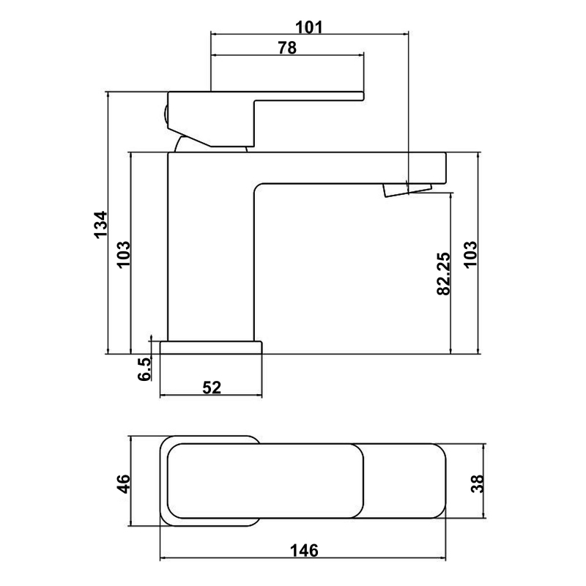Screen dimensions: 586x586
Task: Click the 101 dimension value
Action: coord(308,27)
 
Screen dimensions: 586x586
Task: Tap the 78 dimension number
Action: coord(287,48)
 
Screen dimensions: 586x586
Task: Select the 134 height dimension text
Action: coord(100,225)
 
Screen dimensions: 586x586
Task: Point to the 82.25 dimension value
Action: coord(444,273)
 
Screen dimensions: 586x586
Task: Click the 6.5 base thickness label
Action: coord(144,369)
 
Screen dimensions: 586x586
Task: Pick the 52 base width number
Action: coord(212,387)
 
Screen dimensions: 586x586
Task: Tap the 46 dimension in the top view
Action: coord(123,483)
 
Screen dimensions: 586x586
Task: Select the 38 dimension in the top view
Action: coord(478,483)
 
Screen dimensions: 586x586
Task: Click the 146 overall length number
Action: coord(304,551)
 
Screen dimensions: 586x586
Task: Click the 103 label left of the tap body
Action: coord(124,254)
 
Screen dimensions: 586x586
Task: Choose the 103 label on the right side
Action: coord(470,254)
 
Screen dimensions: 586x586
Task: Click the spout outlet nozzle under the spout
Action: coord(407,189)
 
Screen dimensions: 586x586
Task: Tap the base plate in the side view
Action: coord(211,347)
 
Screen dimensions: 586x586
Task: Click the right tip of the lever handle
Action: coord(363,96)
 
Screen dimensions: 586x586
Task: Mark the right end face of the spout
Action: coord(446,168)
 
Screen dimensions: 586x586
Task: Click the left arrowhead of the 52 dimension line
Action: coord(162,396)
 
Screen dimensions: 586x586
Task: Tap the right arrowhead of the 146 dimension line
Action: coord(444,559)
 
